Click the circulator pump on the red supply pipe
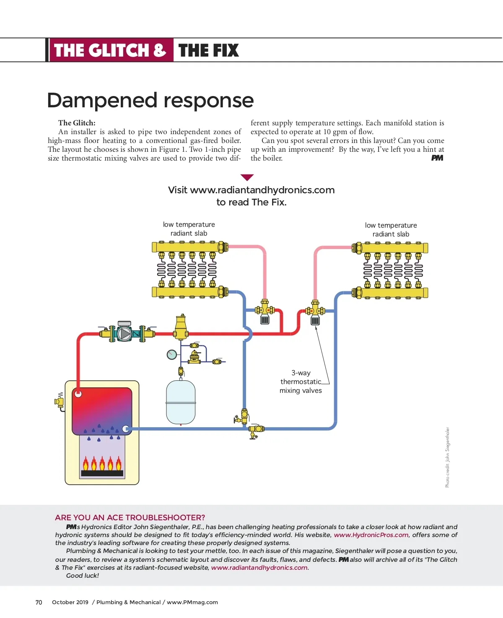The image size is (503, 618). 124,333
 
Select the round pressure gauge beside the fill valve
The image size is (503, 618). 171,355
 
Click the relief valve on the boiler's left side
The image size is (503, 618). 60,401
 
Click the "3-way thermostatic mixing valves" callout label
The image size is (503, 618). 301,382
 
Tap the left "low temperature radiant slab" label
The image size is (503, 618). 189,229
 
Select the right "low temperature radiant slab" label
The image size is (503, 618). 391,230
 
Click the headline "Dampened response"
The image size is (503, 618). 150,101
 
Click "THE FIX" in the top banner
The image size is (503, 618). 208,50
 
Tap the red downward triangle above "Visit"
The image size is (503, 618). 247,177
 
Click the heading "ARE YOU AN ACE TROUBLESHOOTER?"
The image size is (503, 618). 130,517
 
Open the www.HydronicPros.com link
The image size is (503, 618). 371,535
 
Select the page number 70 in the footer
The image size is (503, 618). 39,602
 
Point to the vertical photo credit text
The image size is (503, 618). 447,457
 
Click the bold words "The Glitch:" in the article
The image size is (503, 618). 77,123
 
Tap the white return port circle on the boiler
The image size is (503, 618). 125,428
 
